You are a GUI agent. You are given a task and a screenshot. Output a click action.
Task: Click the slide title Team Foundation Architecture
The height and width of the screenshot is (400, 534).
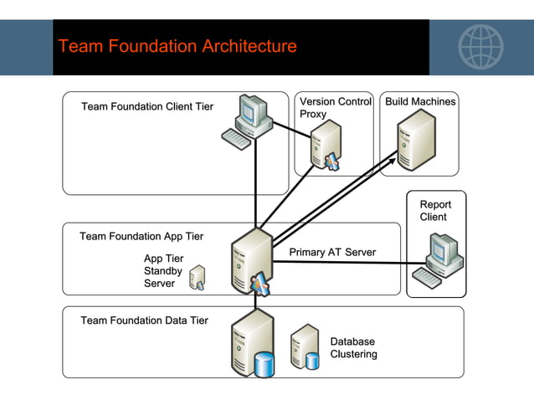pyautogui.click(x=177, y=46)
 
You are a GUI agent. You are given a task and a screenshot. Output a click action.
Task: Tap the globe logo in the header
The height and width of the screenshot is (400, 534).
pyautogui.click(x=480, y=46)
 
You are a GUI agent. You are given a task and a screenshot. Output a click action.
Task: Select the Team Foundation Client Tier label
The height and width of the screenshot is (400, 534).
pyautogui.click(x=146, y=107)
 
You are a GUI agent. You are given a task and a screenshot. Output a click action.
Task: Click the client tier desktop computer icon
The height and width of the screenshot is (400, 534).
pyautogui.click(x=249, y=121)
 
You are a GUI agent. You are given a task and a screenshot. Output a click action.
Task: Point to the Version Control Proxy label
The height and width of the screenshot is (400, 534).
pyautogui.click(x=335, y=108)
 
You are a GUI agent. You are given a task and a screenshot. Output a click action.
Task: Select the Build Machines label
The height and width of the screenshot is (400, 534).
pyautogui.click(x=420, y=102)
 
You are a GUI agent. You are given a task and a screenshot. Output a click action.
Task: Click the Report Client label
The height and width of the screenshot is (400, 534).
pyautogui.click(x=434, y=211)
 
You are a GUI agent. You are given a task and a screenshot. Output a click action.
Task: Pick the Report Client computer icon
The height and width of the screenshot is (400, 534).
pyautogui.click(x=440, y=261)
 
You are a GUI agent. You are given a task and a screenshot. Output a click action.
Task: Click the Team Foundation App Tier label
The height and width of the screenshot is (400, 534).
pyautogui.click(x=141, y=237)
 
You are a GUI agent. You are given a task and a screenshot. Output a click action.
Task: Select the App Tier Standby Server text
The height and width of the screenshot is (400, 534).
pyautogui.click(x=163, y=271)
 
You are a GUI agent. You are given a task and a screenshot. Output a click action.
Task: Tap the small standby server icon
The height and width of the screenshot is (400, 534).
pyautogui.click(x=198, y=277)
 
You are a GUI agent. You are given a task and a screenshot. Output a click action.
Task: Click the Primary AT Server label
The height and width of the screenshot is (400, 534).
pyautogui.click(x=332, y=253)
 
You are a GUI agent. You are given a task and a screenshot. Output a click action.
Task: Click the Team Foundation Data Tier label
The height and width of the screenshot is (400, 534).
pyautogui.click(x=144, y=321)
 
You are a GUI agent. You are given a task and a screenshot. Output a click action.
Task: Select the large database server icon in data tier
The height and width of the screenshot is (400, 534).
pyautogui.click(x=254, y=344)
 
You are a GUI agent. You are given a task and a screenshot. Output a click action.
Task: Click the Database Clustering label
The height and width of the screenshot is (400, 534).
pyautogui.click(x=353, y=348)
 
